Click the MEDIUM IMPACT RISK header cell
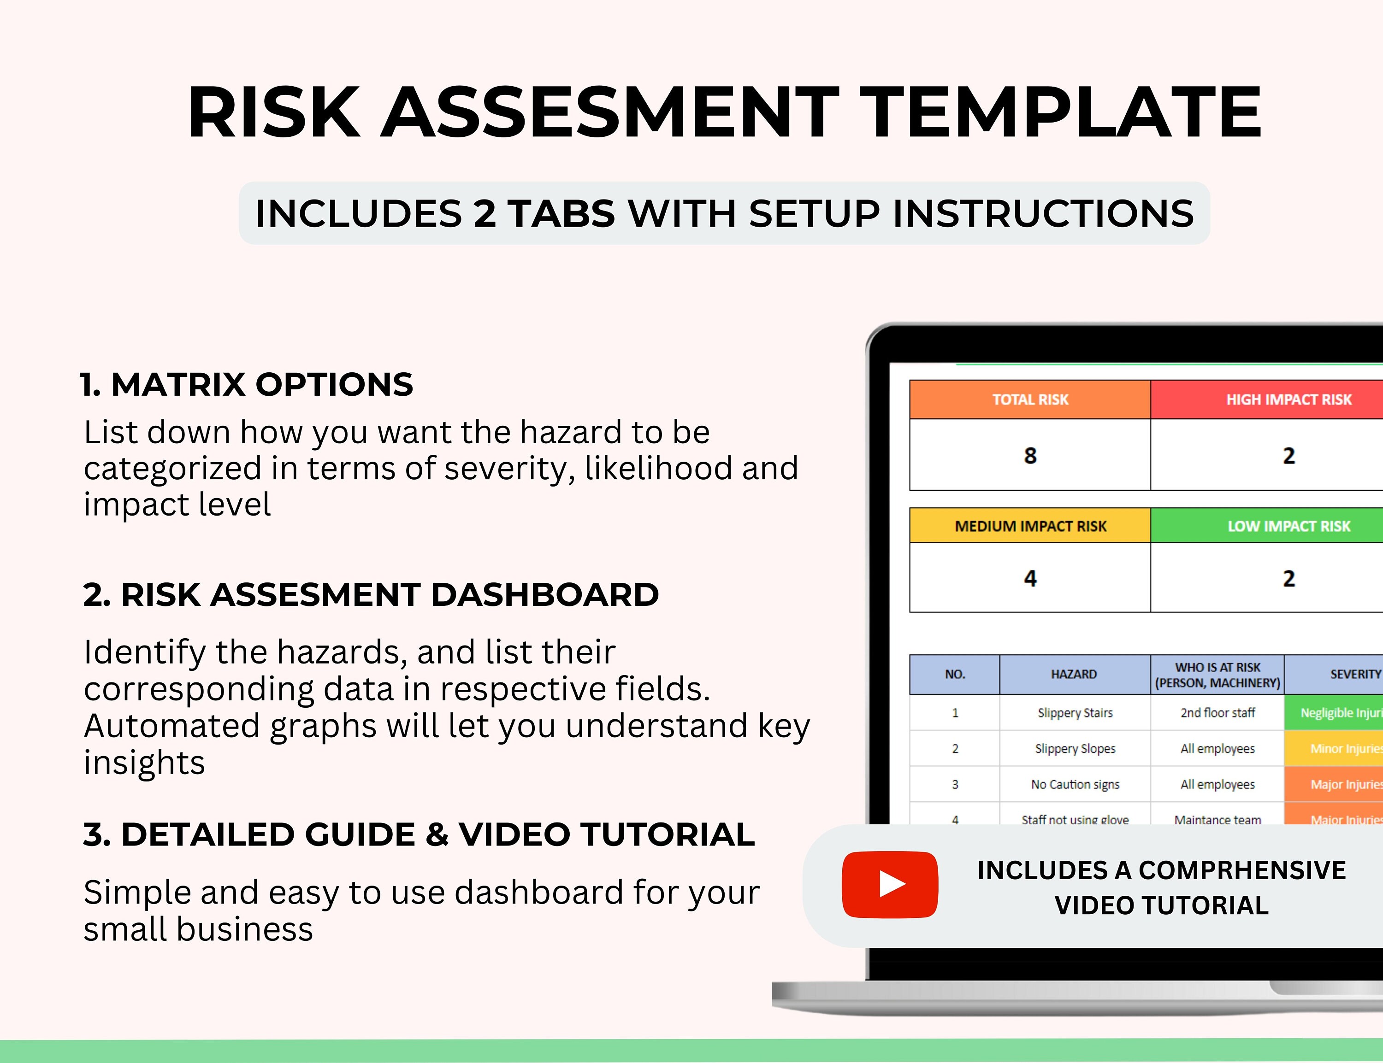1030,526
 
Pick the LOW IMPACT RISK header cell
1288,526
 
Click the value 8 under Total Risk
1030,456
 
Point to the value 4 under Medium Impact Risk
1030,578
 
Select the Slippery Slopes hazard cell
1075,749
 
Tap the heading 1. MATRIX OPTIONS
246,385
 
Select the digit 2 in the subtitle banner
484,213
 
